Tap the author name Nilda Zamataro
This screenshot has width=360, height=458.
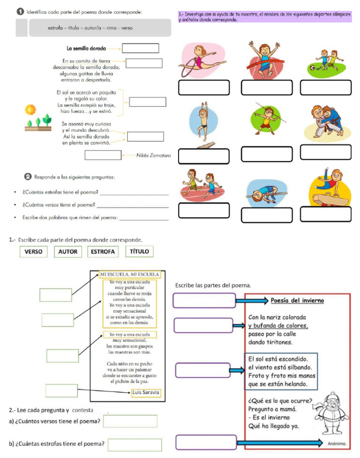tap(153, 155)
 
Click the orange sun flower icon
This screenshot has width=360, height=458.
tap(31, 109)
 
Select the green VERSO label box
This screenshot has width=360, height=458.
tap(33, 252)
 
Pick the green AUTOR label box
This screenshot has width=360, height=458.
tap(68, 252)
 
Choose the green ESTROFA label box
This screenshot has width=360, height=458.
tap(103, 252)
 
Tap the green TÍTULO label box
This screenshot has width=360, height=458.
tap(140, 251)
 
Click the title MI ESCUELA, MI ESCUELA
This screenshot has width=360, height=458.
tap(130, 274)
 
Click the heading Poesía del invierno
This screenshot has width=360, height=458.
tap(297, 300)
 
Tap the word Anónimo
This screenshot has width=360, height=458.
tap(337, 443)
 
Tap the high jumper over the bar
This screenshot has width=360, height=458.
tap(263, 192)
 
